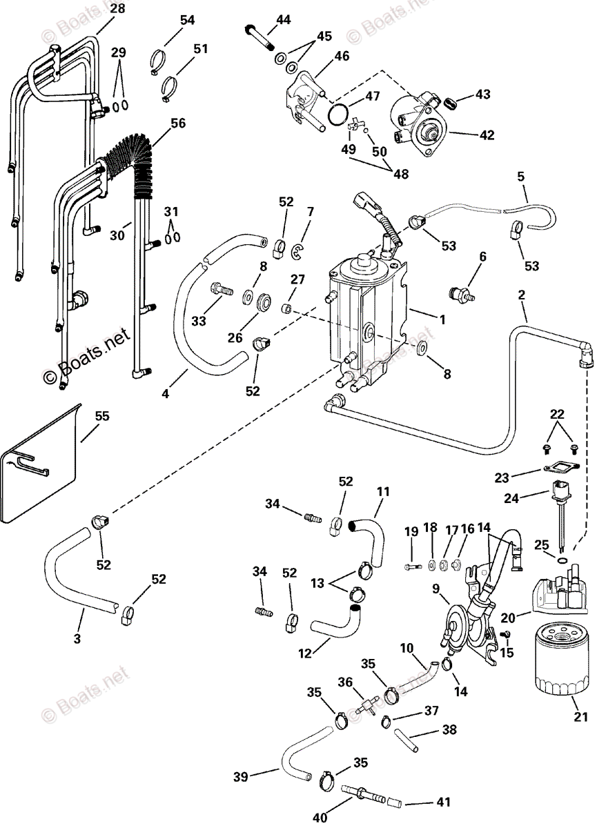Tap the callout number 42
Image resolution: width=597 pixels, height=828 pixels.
487,135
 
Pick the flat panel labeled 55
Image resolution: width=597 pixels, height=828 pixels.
41,462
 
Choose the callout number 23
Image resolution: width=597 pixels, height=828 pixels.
501,477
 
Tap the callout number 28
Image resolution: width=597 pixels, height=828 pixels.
118,9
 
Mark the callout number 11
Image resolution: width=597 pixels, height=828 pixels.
383,492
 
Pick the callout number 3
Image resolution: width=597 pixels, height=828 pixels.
77,639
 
